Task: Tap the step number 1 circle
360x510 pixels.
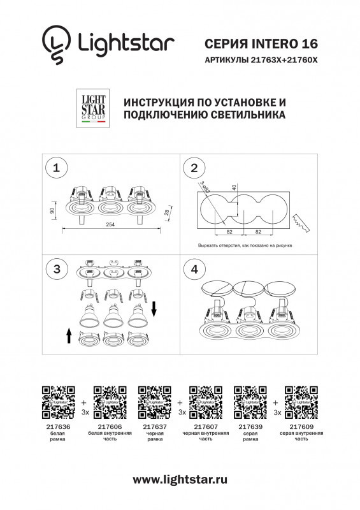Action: [x=57, y=168]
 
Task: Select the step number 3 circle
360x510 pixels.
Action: [x=57, y=269]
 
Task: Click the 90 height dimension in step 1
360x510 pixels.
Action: [x=52, y=210]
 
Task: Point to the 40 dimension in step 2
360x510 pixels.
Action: [x=234, y=187]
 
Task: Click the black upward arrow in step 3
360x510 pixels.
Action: [x=68, y=333]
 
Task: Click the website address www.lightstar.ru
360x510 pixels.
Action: [x=180, y=479]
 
